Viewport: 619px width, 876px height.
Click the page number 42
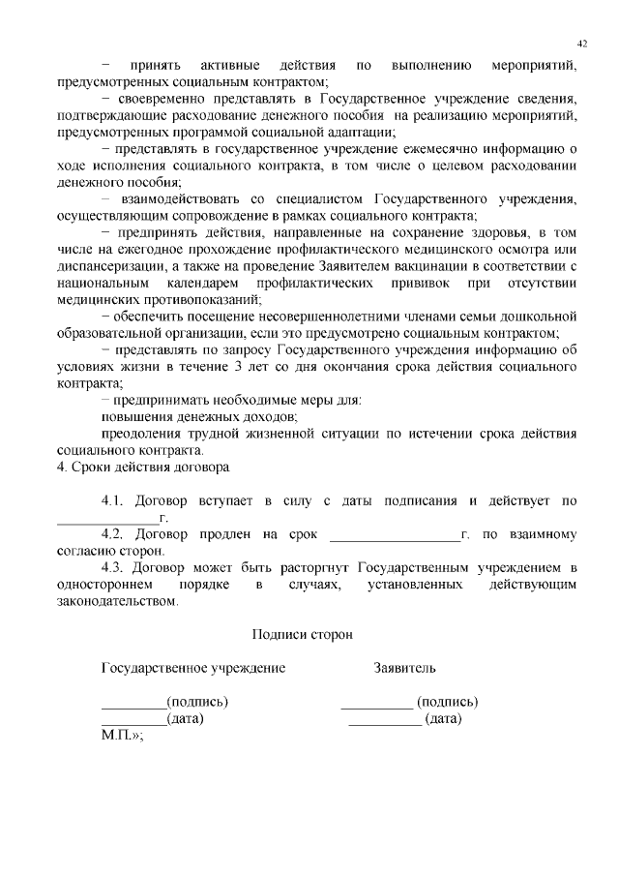[582, 44]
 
